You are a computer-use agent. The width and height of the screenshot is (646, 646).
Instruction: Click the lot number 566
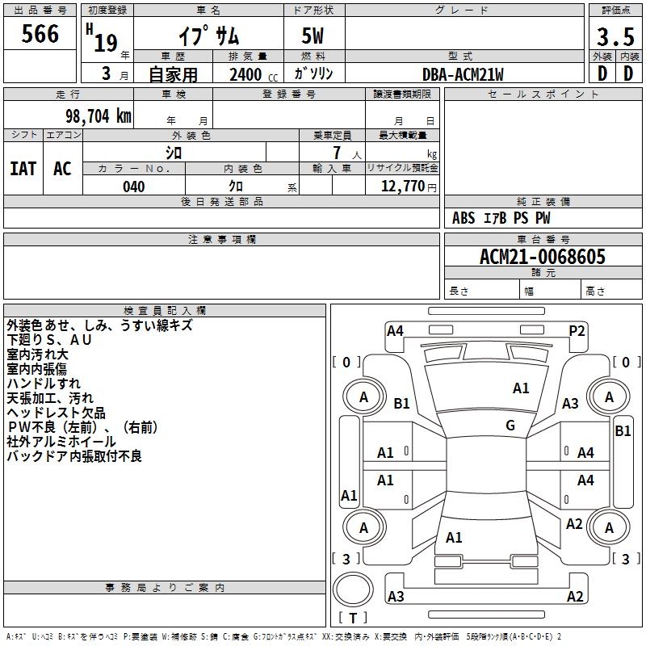(40, 34)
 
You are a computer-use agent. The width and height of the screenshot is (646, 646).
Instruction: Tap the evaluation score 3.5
(615, 37)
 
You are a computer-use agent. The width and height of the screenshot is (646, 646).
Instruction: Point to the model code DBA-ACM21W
(463, 74)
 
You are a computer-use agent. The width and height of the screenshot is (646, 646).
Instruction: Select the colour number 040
(134, 187)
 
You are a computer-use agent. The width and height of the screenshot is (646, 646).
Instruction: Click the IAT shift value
(23, 169)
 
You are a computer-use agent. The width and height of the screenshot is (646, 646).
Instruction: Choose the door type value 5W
(313, 37)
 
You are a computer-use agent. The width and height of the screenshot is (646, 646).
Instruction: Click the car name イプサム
(209, 37)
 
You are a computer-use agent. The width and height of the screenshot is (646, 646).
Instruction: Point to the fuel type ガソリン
(314, 74)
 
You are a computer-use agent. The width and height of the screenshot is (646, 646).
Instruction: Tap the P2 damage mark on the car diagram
(577, 330)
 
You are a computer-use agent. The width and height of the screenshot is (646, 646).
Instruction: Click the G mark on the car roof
(510, 426)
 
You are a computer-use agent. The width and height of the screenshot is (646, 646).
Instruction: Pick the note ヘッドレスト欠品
(56, 413)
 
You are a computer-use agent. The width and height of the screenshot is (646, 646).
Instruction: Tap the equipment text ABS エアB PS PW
(501, 219)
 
